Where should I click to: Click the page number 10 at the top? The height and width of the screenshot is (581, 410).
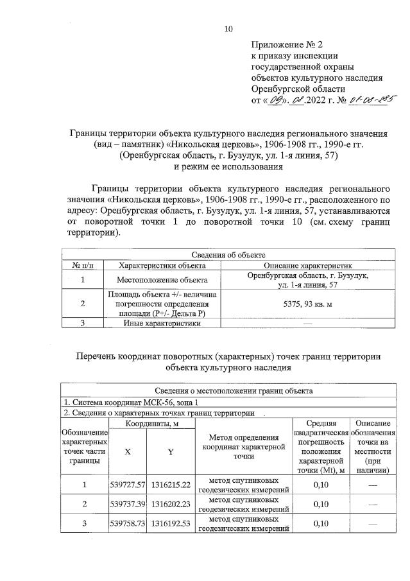point(228,28)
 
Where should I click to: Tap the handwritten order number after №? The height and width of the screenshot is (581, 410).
point(373,100)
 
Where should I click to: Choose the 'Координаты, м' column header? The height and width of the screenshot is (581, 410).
point(151,423)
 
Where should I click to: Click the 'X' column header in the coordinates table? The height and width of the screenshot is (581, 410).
point(128,451)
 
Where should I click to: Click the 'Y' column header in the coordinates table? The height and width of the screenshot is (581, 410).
point(171,451)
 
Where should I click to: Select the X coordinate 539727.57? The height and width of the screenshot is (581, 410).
point(128,485)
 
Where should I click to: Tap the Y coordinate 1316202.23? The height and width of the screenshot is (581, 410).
point(171,505)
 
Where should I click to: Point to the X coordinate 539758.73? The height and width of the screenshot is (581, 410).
point(128,524)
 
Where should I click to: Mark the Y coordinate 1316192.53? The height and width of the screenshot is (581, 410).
point(171,524)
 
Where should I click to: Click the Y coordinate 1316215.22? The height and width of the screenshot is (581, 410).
point(171,485)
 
